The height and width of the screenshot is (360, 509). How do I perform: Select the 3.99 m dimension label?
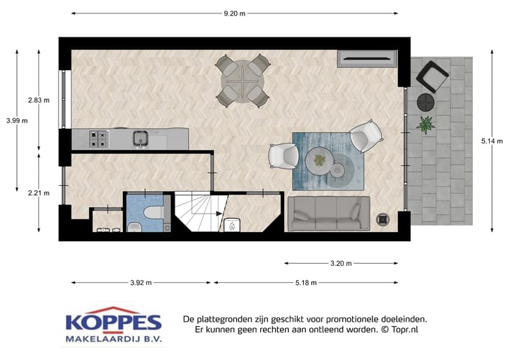16,120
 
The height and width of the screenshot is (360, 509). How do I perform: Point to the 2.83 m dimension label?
38,100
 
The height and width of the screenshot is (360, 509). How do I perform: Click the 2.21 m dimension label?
38,192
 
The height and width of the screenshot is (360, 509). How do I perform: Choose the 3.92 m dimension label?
141,283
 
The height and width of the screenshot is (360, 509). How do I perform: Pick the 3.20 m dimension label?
341,264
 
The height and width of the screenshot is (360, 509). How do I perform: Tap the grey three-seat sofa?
329,214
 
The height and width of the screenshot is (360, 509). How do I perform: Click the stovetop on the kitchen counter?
98,137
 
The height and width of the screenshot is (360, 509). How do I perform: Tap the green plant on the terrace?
426,124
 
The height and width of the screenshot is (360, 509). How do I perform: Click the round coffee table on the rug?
322,160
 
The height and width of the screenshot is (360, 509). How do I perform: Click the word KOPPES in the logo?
114,323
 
